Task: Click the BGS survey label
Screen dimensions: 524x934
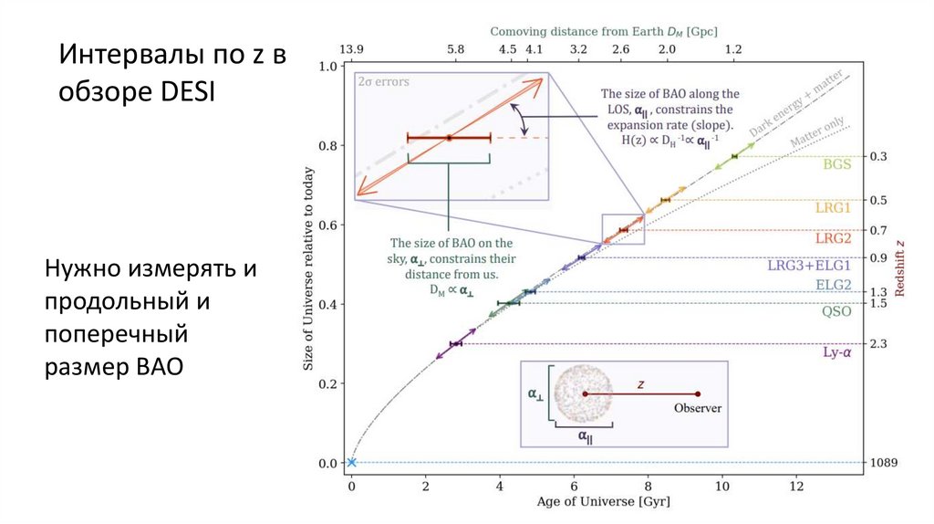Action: click(836, 165)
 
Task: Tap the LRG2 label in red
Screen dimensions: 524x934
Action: click(833, 237)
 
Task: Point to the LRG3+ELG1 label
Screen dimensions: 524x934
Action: click(809, 266)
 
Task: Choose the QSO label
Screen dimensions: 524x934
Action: click(836, 311)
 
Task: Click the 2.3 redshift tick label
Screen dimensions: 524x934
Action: click(878, 343)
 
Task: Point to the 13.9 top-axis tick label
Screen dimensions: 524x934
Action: click(351, 49)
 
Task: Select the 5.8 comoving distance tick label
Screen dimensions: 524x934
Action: click(456, 49)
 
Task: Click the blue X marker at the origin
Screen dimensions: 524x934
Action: click(351, 463)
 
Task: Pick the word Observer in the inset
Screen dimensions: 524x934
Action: click(698, 408)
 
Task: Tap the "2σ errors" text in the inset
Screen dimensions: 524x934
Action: click(383, 81)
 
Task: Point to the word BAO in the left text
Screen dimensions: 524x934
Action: click(159, 368)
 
